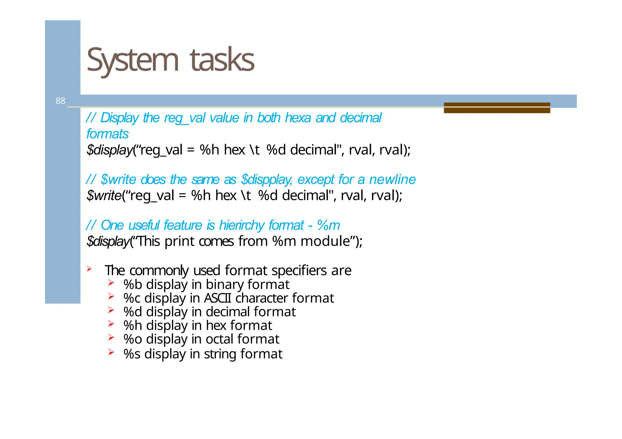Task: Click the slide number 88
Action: (x=60, y=101)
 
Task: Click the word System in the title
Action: (x=132, y=60)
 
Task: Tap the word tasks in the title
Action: (x=222, y=60)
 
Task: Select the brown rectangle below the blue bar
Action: (x=497, y=108)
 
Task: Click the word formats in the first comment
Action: (x=108, y=134)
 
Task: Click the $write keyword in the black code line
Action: (x=104, y=195)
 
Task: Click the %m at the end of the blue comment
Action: (x=328, y=225)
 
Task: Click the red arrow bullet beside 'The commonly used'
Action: (x=89, y=268)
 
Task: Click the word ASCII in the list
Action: (x=217, y=298)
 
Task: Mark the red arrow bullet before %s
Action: (x=111, y=352)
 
